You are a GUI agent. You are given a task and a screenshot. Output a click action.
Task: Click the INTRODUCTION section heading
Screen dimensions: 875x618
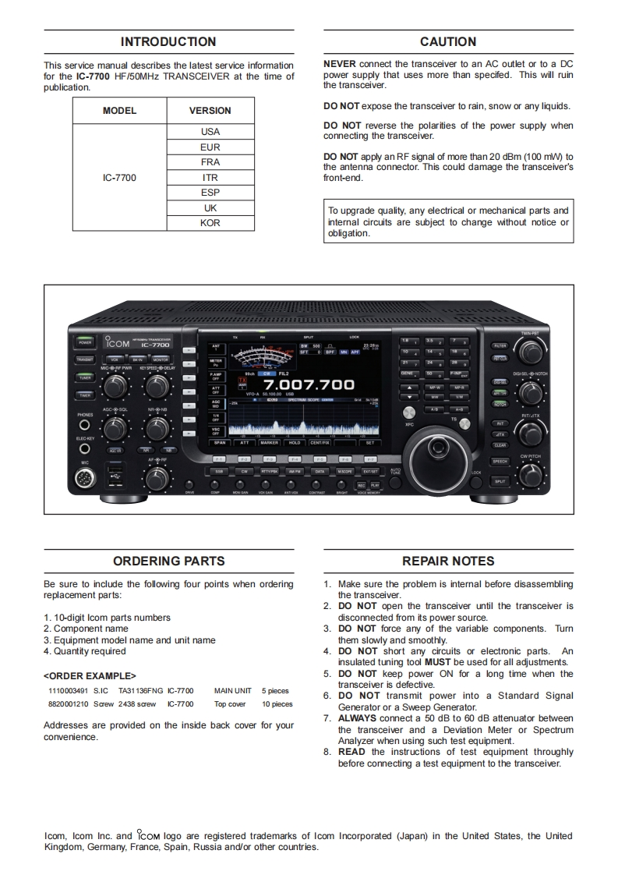click(168, 42)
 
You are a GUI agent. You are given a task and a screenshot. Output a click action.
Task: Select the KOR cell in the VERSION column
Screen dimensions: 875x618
click(210, 223)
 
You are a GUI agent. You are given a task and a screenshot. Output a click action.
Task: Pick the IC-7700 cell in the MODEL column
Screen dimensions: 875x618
click(119, 178)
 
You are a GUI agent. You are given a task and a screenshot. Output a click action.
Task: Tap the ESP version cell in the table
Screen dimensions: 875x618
click(210, 193)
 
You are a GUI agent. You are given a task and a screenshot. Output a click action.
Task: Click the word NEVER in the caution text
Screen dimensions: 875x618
click(340, 64)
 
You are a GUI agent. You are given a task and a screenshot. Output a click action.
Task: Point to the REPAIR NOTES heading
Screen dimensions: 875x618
click(448, 561)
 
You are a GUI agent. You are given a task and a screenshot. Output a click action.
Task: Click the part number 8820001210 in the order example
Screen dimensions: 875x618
click(68, 703)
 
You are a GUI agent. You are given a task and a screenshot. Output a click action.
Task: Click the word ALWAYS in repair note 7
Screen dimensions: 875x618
click(357, 718)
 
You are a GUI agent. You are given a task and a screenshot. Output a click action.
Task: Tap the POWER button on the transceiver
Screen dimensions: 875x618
click(85, 342)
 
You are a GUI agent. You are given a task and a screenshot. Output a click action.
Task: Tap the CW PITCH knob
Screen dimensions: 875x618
click(531, 473)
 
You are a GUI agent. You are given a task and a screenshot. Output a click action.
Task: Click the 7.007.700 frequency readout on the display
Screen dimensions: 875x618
click(309, 384)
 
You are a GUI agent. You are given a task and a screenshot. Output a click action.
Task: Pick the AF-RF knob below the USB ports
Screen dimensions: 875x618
click(157, 474)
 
